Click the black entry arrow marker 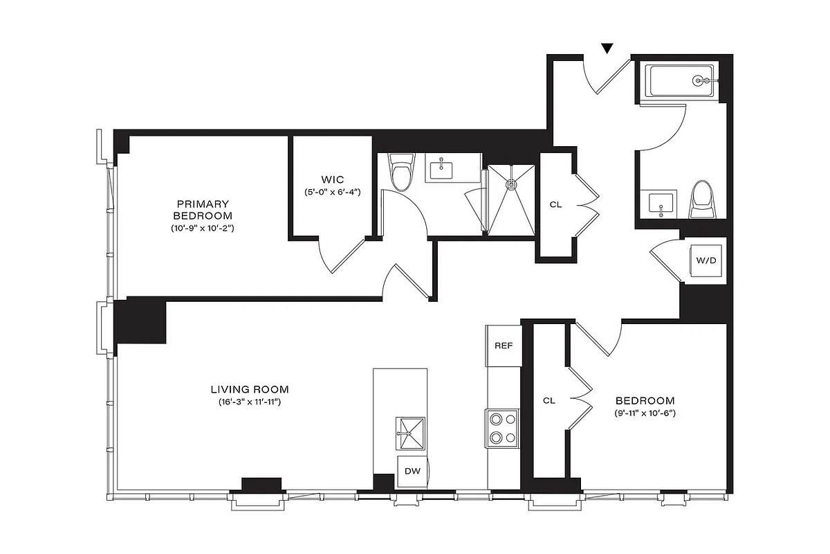pos(607,48)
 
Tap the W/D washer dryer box pos(705,261)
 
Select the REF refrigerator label pos(503,345)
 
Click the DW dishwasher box pos(412,472)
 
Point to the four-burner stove pos(503,428)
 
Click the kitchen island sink pos(411,434)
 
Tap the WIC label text pos(332,180)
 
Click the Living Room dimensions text pos(249,402)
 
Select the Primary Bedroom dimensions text pos(203,228)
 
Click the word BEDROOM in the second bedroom pos(645,400)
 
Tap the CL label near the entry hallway pos(555,204)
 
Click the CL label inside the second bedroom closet pos(548,400)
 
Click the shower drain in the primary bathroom pos(512,184)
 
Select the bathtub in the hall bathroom pos(682,81)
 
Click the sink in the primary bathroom pos(441,167)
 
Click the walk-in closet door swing pos(339,256)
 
